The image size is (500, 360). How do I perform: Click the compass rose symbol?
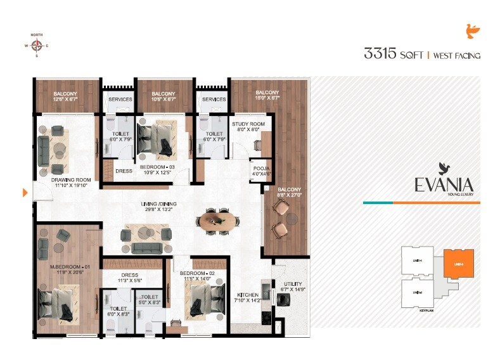[37, 45]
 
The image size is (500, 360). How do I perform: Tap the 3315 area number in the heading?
[378, 54]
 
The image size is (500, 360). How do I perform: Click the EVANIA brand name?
[444, 184]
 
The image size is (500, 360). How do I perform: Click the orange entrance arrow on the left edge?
[25, 192]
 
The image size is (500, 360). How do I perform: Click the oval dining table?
[219, 221]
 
